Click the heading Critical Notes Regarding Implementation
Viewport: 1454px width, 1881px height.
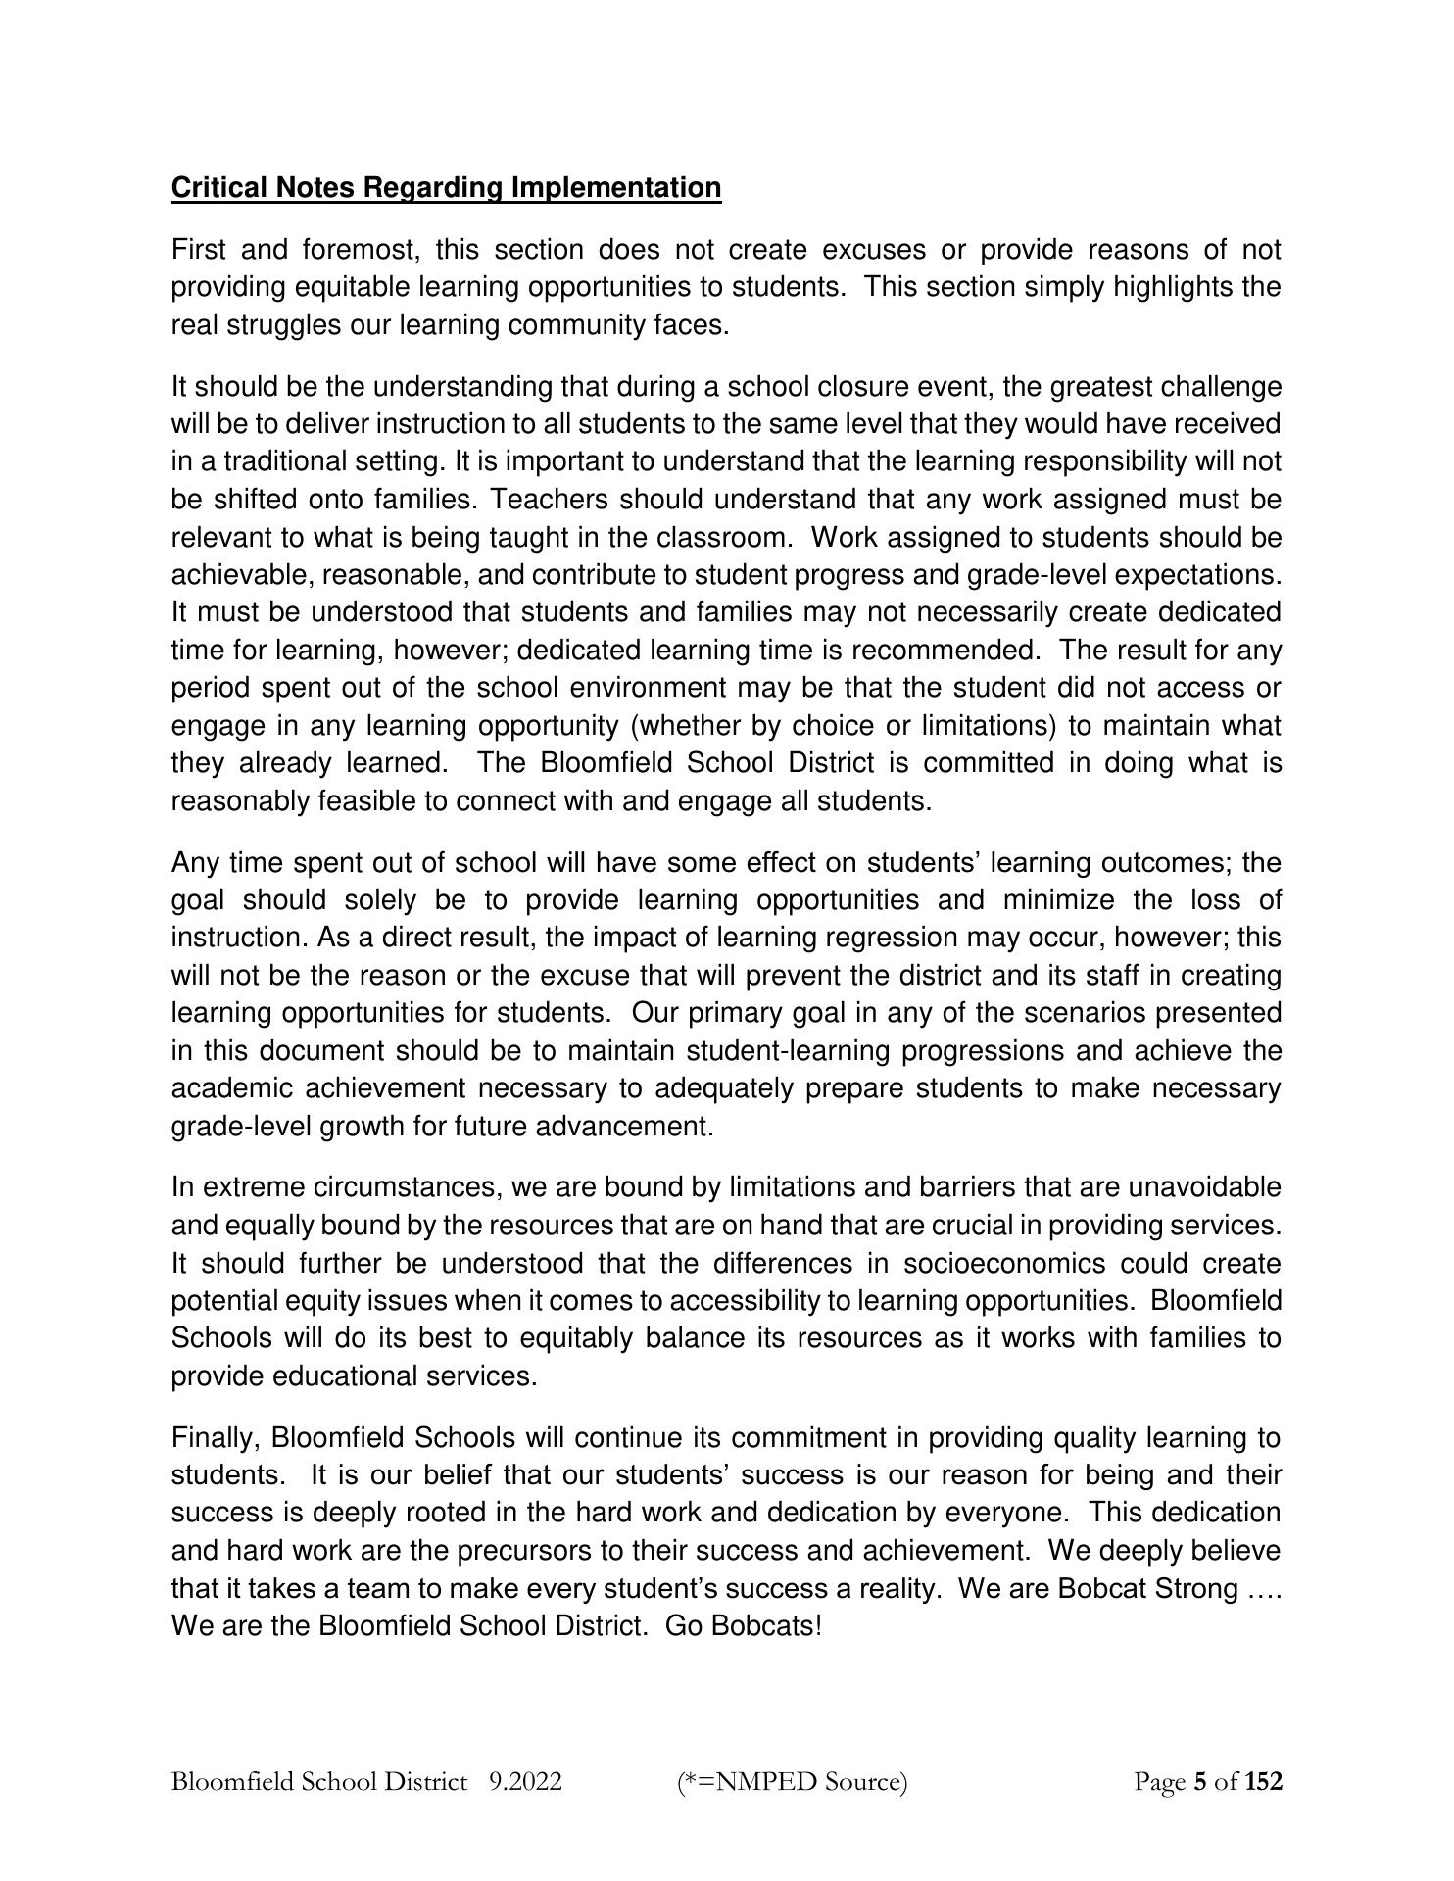click(446, 187)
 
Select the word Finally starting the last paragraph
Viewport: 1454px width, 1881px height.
click(217, 1438)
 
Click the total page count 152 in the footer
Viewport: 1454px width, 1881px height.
click(1263, 1781)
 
